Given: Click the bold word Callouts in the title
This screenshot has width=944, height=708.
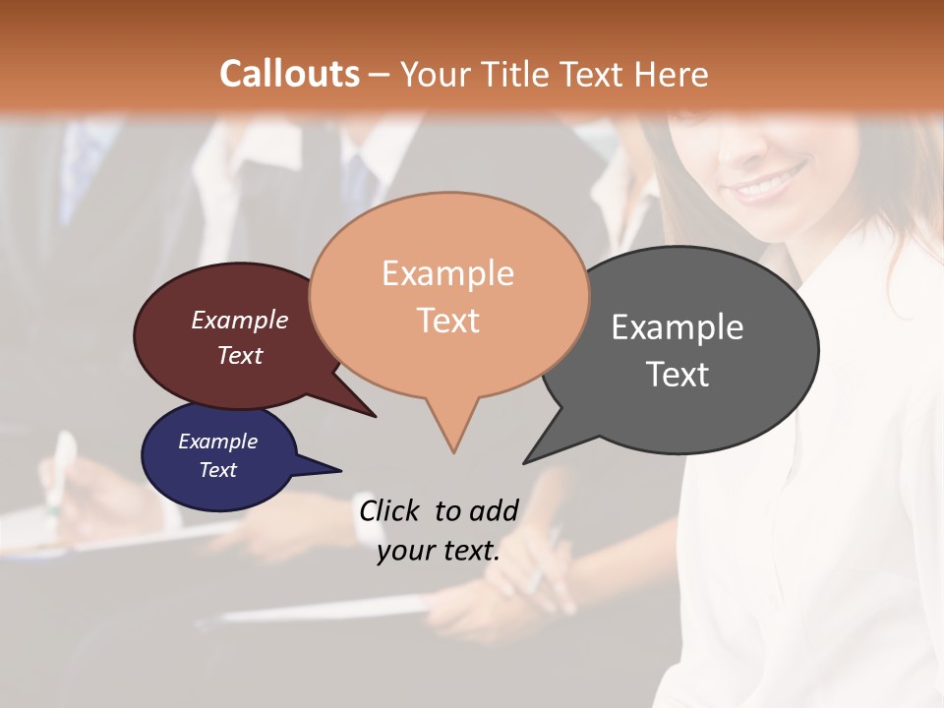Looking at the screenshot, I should (289, 74).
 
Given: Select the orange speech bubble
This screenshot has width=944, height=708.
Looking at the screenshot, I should (448, 295).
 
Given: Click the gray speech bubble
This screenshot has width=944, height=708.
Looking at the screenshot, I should (688, 349).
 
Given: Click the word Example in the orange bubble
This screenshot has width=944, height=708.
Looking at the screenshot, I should (447, 273).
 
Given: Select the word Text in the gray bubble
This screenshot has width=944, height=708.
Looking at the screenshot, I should (678, 375).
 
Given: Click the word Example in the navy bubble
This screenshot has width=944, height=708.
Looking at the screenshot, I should (217, 442).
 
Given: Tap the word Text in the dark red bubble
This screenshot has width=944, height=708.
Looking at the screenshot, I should (240, 355).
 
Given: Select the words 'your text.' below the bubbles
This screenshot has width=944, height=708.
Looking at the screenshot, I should (439, 551).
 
